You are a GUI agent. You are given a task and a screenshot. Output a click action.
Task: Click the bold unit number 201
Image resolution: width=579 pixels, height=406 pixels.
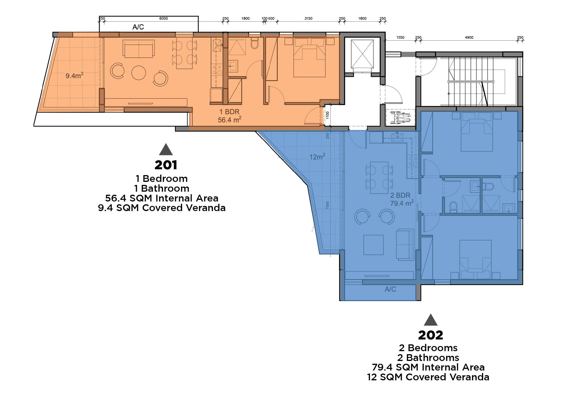(x=166, y=165)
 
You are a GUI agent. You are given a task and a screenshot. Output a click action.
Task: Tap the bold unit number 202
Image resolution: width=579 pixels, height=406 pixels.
(x=430, y=335)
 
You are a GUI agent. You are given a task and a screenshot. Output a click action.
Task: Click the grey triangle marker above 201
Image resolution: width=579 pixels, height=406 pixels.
(x=166, y=150)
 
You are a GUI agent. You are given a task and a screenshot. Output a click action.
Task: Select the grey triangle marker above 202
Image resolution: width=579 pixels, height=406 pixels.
(x=430, y=320)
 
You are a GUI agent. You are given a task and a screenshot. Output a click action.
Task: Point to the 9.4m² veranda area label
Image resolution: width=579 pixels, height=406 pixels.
(x=74, y=75)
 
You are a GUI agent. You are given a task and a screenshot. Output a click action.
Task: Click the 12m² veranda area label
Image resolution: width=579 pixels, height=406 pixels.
(x=317, y=157)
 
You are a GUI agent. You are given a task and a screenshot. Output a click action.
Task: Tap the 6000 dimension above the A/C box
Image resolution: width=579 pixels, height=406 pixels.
(x=163, y=18)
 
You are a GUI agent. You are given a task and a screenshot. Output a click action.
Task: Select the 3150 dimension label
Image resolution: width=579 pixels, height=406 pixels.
(x=308, y=18)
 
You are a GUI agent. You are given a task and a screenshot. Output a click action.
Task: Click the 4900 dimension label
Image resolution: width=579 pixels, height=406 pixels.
(x=469, y=37)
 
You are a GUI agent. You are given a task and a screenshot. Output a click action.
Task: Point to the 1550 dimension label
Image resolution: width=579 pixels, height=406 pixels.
(x=400, y=37)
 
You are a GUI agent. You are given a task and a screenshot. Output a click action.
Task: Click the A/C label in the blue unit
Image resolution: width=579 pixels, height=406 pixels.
(x=390, y=289)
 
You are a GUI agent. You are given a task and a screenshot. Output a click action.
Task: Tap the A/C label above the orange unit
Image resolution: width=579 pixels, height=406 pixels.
(x=138, y=27)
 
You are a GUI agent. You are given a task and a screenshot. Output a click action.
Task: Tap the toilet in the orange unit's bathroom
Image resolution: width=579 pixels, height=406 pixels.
(x=255, y=44)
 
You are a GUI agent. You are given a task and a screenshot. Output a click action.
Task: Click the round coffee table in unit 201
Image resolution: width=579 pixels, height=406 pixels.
(x=139, y=73)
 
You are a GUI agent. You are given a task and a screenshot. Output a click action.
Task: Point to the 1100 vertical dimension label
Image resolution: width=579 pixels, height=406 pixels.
(x=327, y=115)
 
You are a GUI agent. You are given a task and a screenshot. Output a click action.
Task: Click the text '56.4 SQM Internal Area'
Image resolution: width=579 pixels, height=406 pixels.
(x=162, y=198)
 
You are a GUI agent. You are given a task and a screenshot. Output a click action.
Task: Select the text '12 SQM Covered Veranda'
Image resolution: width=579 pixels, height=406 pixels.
(x=428, y=377)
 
